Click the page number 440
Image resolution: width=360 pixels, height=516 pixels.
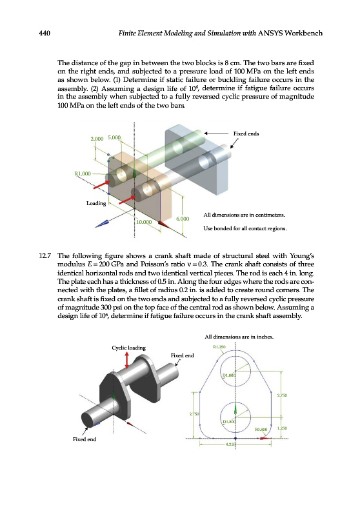[45, 33]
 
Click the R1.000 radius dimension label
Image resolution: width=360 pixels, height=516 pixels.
[83, 174]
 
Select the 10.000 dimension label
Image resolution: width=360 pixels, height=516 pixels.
[144, 222]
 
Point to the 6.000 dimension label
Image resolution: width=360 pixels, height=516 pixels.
[183, 219]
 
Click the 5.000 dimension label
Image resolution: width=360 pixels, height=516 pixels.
[114, 137]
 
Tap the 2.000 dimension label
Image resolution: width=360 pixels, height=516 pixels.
[97, 139]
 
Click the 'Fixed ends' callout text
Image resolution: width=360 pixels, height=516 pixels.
[246, 134]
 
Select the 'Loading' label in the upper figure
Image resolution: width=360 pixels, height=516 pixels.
[96, 203]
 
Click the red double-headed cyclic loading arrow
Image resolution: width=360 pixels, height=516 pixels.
[127, 361]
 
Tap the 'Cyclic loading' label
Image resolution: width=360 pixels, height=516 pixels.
[128, 348]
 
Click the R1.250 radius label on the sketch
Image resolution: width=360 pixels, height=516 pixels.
[219, 346]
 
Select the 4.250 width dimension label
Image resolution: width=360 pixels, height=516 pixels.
[229, 444]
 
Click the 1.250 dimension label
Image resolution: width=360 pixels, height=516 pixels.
[283, 428]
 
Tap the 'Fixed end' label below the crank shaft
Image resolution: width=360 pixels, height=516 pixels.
[85, 439]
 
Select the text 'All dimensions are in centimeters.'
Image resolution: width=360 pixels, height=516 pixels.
[245, 215]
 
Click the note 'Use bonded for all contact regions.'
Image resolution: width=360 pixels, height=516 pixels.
[245, 228]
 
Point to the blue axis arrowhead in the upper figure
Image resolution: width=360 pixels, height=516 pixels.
[102, 224]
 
